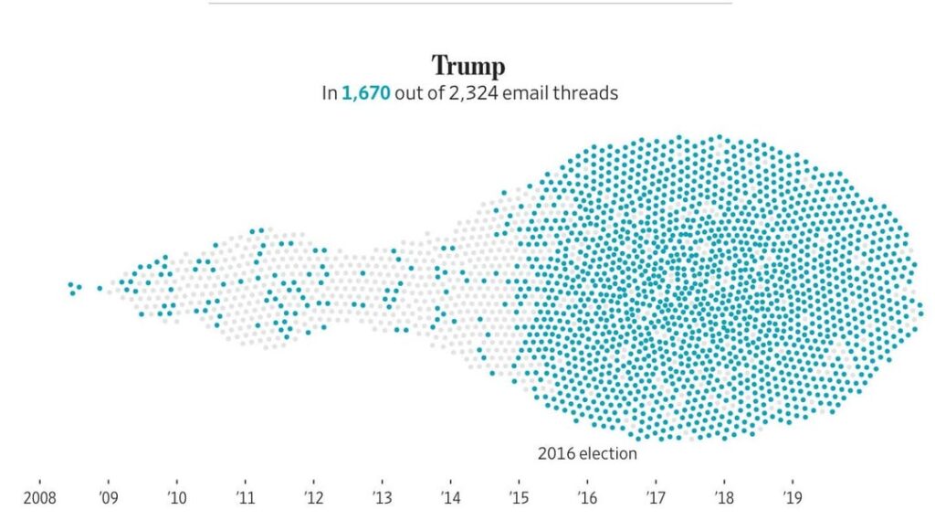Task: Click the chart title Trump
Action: tap(467, 66)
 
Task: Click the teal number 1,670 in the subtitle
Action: tap(366, 93)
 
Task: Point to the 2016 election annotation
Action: tap(587, 453)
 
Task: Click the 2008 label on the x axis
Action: tap(40, 498)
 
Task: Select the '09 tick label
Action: tap(108, 498)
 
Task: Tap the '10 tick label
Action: tap(176, 498)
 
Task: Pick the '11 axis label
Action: tap(245, 498)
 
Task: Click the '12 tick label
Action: tap(313, 498)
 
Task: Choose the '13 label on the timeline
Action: tap(382, 498)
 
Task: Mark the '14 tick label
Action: tap(450, 498)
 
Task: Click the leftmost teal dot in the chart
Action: tap(70, 285)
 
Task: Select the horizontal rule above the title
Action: tap(469, 3)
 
